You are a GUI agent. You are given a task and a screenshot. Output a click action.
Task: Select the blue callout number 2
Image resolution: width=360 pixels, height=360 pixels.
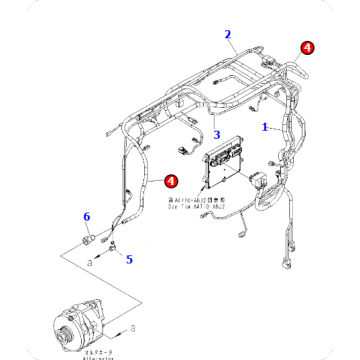[x=228, y=34]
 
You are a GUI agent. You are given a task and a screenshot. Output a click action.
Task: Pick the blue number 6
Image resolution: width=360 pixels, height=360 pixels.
[x=86, y=217]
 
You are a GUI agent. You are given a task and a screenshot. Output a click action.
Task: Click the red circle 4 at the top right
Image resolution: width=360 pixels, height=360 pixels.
[x=308, y=47]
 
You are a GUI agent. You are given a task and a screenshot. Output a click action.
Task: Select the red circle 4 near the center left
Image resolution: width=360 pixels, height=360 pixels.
[x=171, y=181]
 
